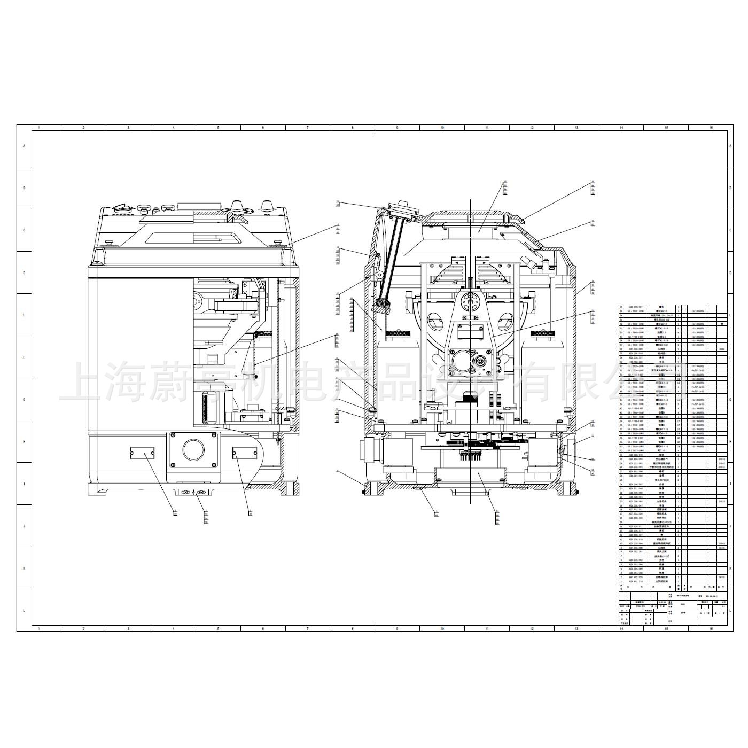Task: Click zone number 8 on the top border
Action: click(x=353, y=128)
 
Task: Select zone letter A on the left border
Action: click(x=24, y=146)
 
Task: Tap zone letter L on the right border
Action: click(x=730, y=610)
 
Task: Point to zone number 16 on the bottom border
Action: click(x=711, y=628)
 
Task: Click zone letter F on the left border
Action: click(x=24, y=357)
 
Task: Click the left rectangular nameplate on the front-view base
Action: click(x=142, y=454)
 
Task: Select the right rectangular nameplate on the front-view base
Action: click(x=244, y=453)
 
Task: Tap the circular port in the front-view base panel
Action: click(x=193, y=450)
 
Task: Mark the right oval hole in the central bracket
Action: click(x=503, y=323)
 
